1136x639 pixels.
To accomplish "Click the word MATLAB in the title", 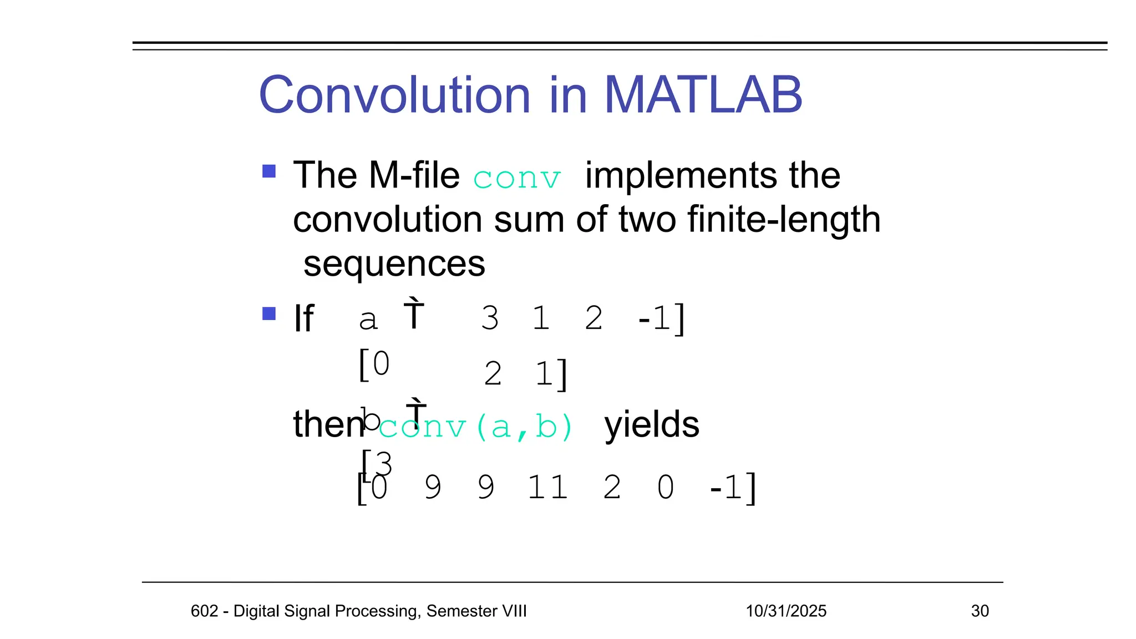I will pyautogui.click(x=703, y=95).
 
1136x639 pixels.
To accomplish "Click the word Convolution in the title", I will pyautogui.click(x=395, y=95).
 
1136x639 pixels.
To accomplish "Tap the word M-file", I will pyautogui.click(x=414, y=175).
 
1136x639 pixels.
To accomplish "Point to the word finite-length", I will pyautogui.click(x=784, y=219).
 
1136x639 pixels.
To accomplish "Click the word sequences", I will pyautogui.click(x=394, y=264).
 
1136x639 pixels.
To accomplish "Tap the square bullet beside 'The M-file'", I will pyautogui.click(x=269, y=171).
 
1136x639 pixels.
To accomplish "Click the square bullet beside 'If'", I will pyautogui.click(x=269, y=314).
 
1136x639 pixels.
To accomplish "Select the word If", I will pyautogui.click(x=304, y=318).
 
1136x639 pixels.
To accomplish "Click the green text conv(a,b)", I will pyautogui.click(x=476, y=427).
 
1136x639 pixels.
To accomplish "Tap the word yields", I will pyautogui.click(x=652, y=424).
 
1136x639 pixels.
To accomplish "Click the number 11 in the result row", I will pyautogui.click(x=547, y=488).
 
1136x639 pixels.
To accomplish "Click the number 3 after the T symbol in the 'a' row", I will pyautogui.click(x=490, y=318).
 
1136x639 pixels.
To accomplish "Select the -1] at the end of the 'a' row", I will pyautogui.click(x=662, y=318).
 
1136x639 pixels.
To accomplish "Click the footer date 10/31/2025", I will pyautogui.click(x=786, y=611).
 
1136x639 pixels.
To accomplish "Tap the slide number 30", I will pyautogui.click(x=980, y=611).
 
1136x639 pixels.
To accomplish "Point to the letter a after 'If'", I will pyautogui.click(x=368, y=320).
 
